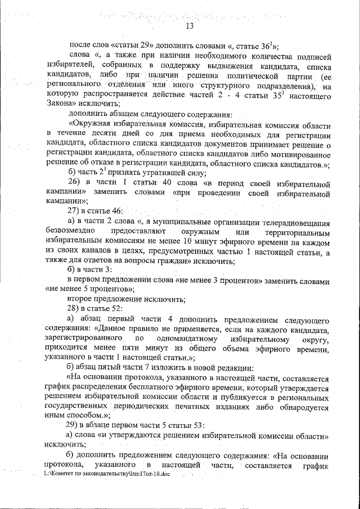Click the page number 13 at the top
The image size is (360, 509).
click(189, 26)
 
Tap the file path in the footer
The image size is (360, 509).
click(106, 474)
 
